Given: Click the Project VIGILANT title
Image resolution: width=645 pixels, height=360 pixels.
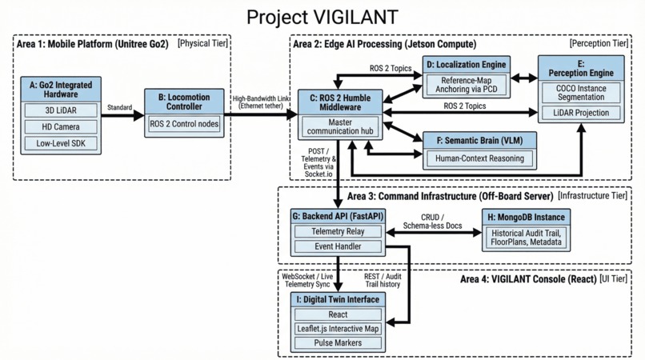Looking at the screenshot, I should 322,16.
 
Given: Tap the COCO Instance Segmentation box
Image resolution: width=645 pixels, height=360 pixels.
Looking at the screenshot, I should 580,92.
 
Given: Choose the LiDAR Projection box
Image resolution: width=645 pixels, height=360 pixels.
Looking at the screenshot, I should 580,113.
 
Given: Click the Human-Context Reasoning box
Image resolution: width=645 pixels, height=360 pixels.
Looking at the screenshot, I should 479,158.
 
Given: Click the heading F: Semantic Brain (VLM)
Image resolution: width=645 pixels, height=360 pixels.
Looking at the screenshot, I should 479,139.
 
